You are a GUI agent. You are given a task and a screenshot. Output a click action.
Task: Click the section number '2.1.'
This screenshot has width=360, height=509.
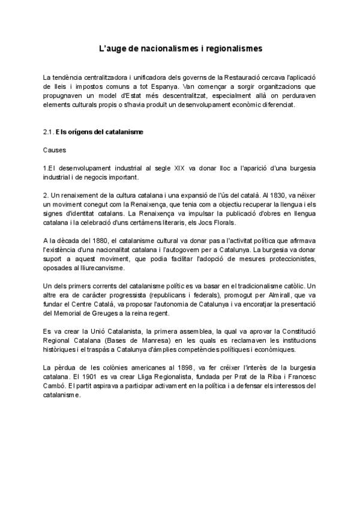49,131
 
